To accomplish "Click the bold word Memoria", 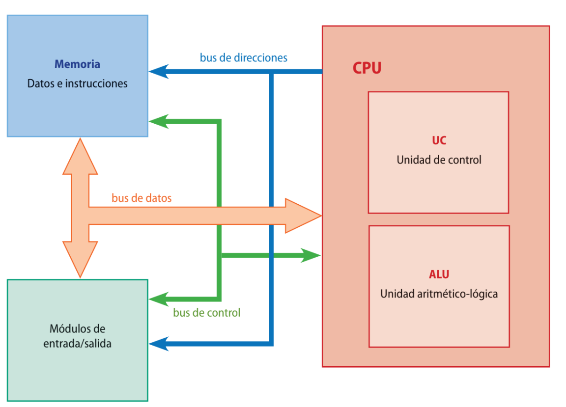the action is click(77, 64).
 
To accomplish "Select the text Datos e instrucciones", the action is click(77, 83).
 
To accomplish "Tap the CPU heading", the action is click(367, 68).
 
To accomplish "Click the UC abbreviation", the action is click(439, 140).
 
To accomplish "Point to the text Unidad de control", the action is click(439, 160).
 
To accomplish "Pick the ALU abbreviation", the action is click(439, 274).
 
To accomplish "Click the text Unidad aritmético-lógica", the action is click(439, 294).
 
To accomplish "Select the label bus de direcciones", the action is click(244, 58).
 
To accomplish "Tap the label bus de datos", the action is click(141, 198).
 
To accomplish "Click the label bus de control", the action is click(207, 312).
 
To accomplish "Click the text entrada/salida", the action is click(77, 344).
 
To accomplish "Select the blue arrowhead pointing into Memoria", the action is click(159, 72).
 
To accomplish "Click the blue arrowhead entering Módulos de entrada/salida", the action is click(159, 344).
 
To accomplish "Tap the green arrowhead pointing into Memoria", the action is click(159, 121).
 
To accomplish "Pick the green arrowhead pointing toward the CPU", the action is click(311, 255).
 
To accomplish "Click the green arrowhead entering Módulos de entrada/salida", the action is click(159, 299).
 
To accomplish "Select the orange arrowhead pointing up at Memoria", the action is click(80, 156).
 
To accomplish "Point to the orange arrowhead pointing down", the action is click(80, 260).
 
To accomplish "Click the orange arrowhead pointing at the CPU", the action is click(303, 216).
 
